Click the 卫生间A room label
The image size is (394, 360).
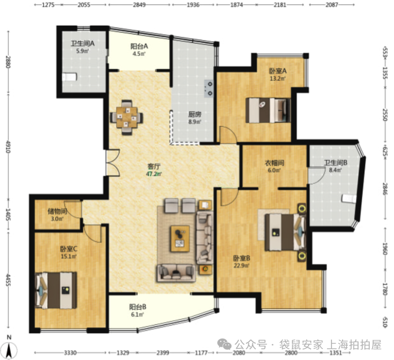coord(82,44)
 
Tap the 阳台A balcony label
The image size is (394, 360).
coord(139,46)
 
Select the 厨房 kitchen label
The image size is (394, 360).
coord(195,115)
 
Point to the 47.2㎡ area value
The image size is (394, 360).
coord(154,174)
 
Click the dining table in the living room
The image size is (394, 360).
coord(127,117)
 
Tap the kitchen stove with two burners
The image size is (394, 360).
coord(209,88)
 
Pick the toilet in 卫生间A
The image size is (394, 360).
coord(69,77)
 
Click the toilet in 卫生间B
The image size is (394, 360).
coord(349,198)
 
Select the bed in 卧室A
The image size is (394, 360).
coord(268,110)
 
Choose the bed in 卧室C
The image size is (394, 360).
coord(56,290)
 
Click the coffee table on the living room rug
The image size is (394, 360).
coord(180,239)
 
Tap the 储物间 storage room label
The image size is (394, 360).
coord(57,211)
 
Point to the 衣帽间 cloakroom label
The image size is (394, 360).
coord(274,163)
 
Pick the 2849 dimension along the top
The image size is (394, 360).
coord(139,5)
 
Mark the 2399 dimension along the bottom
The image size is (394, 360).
coord(162,353)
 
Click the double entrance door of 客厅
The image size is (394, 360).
coord(112,162)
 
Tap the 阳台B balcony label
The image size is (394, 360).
coord(138,307)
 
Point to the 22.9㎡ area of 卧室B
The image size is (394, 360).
coord(241,266)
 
